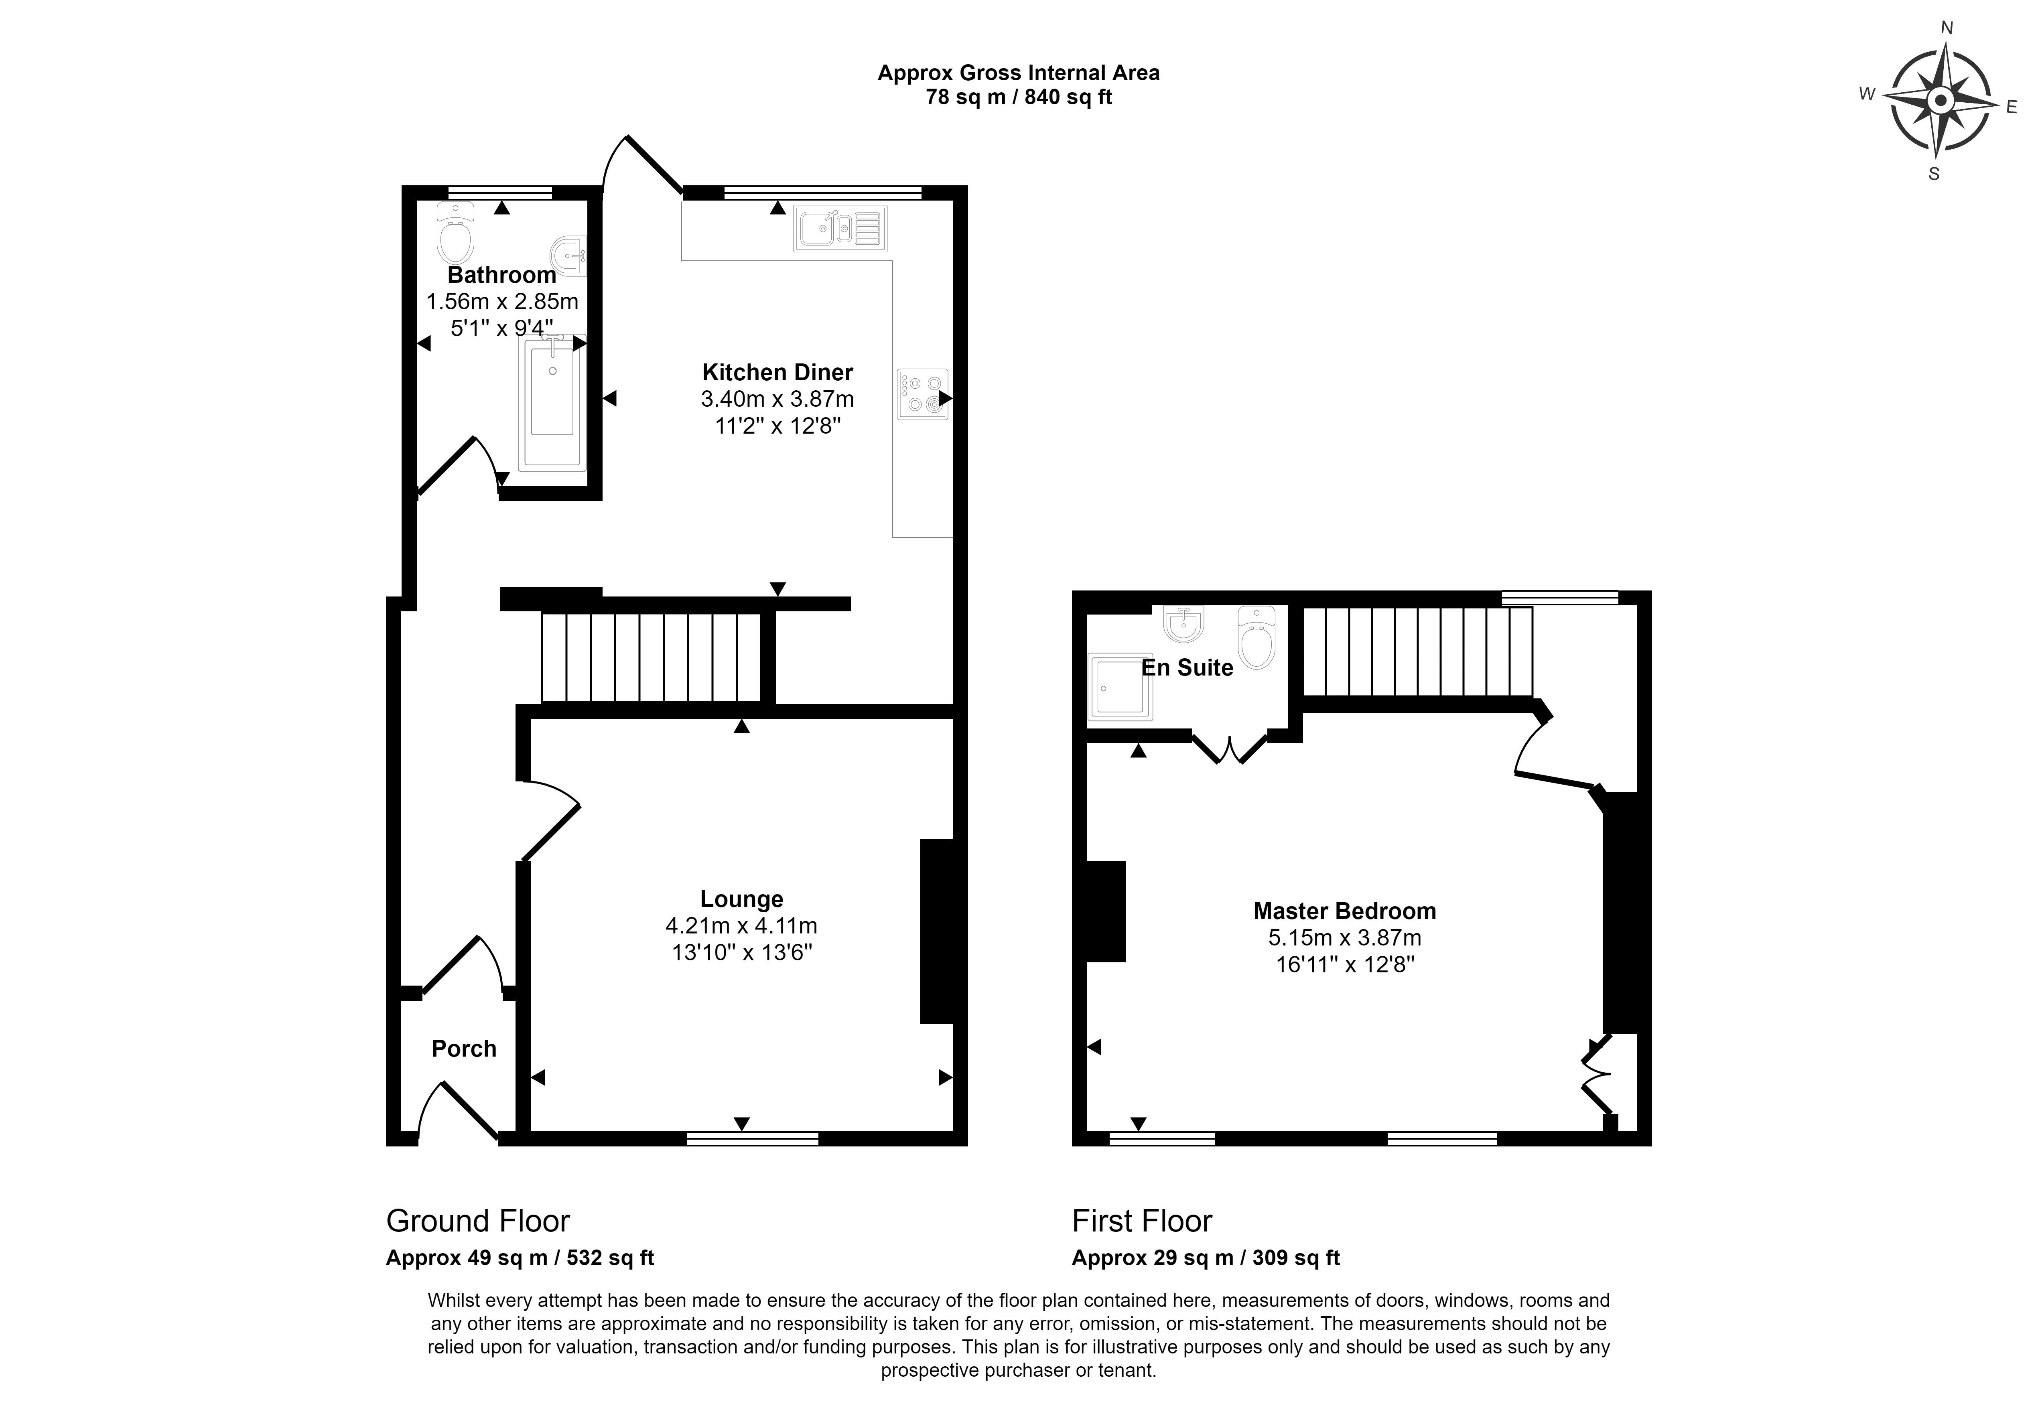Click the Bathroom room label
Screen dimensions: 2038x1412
click(501, 275)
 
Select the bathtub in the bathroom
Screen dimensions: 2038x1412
click(552, 402)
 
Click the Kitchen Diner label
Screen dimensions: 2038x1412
click(777, 373)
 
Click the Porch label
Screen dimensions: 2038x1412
click(463, 1049)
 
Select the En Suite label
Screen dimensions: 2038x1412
click(1187, 668)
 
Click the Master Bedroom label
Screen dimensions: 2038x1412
click(1344, 911)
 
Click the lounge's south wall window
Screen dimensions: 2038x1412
click(753, 1138)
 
